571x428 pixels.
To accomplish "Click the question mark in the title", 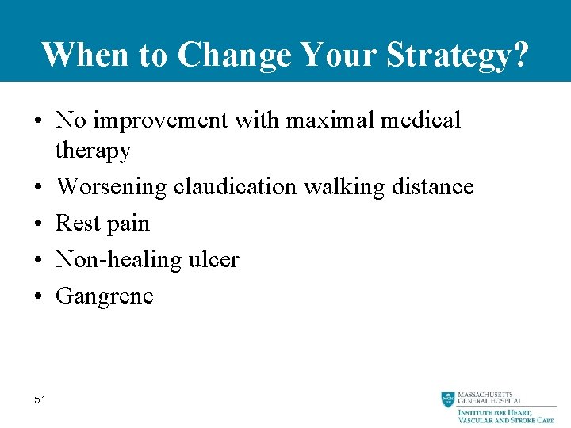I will [519, 55].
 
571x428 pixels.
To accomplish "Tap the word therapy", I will [93, 151].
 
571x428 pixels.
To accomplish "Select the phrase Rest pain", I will [102, 224].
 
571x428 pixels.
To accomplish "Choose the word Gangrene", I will [105, 296].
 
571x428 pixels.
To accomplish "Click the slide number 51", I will [40, 399].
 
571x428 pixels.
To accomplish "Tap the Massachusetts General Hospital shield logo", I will [448, 399].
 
